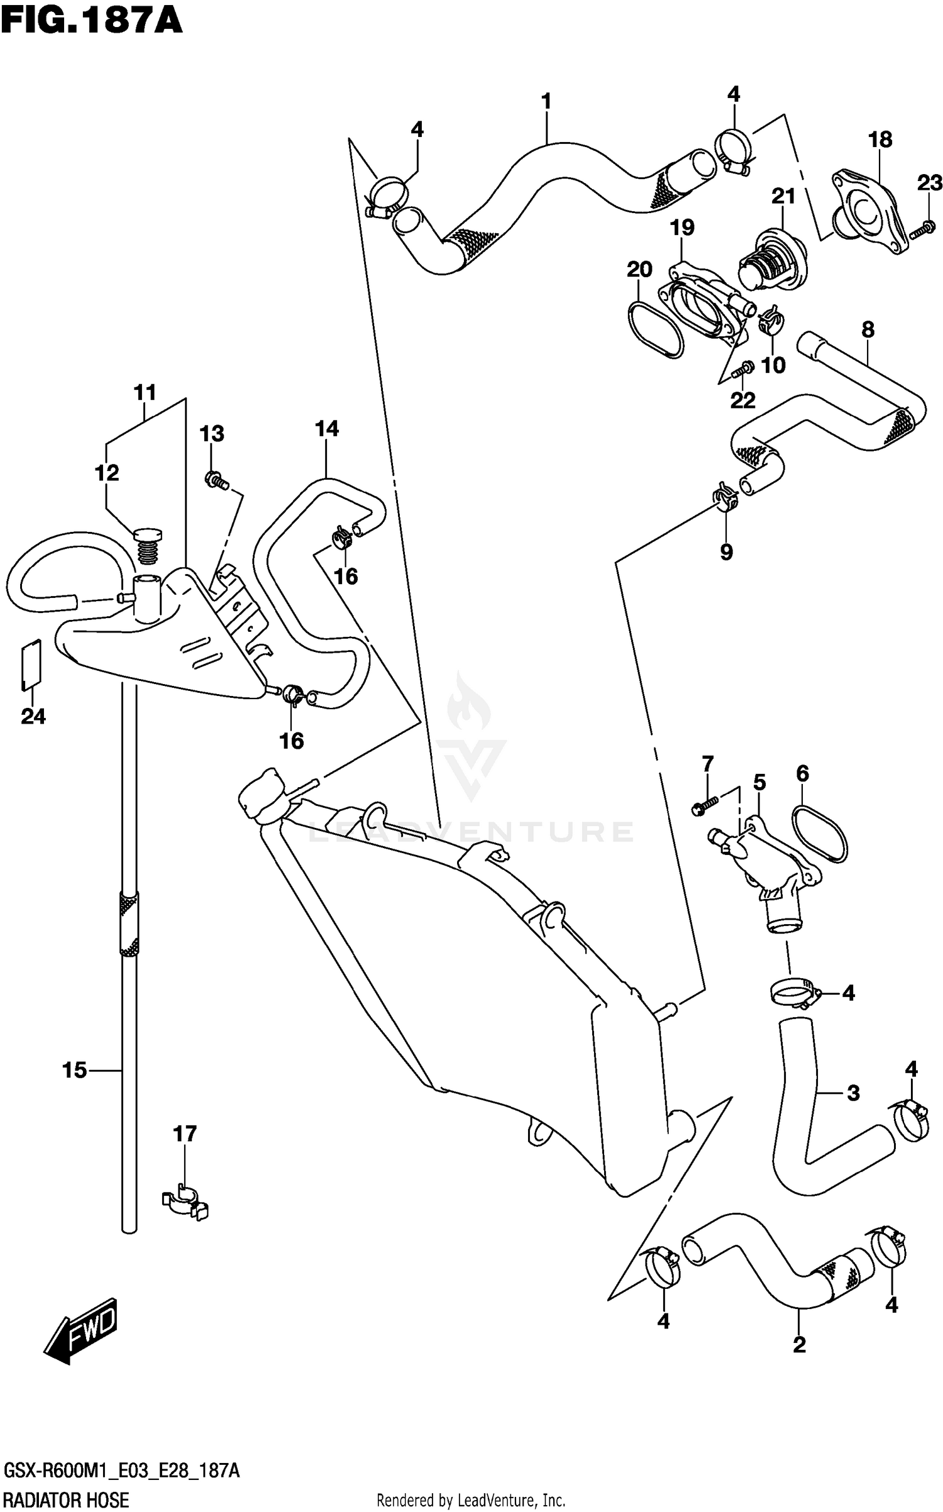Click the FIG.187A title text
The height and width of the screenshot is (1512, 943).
(x=92, y=21)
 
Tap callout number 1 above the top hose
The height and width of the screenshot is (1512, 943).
(x=546, y=101)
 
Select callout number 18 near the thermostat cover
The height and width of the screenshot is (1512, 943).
(x=880, y=140)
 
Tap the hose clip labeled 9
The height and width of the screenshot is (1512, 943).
(x=725, y=497)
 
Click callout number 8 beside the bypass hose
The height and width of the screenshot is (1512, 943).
(x=868, y=329)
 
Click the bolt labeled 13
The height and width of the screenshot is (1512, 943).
(x=217, y=482)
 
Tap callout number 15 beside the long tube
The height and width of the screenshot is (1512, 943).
(x=74, y=1069)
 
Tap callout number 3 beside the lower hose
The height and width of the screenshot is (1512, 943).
(x=852, y=1093)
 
